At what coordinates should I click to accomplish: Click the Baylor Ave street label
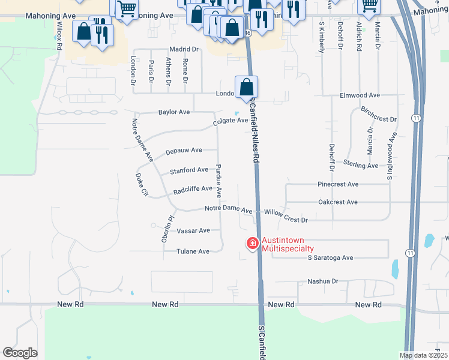pos(174,112)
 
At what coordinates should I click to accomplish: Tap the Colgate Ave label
pos(231,121)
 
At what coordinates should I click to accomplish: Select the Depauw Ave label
pos(184,150)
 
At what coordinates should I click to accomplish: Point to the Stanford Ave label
pos(189,170)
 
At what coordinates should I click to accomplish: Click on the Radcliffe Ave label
pos(193,189)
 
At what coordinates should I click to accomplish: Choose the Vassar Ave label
pos(193,230)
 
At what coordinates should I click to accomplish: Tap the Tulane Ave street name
pos(192,251)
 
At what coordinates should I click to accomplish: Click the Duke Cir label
pos(142,185)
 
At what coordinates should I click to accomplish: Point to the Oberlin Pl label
pos(167,228)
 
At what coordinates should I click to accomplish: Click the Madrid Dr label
pos(184,49)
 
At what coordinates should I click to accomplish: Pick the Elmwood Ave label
pos(360,95)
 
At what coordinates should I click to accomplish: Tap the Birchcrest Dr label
pos(379,115)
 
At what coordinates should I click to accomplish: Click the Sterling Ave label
pos(361,165)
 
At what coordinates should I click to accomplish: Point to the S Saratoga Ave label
pos(330,257)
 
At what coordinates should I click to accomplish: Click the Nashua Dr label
pos(323,281)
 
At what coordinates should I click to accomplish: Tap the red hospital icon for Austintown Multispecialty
pos(252,244)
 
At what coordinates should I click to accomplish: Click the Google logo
pos(20,353)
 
